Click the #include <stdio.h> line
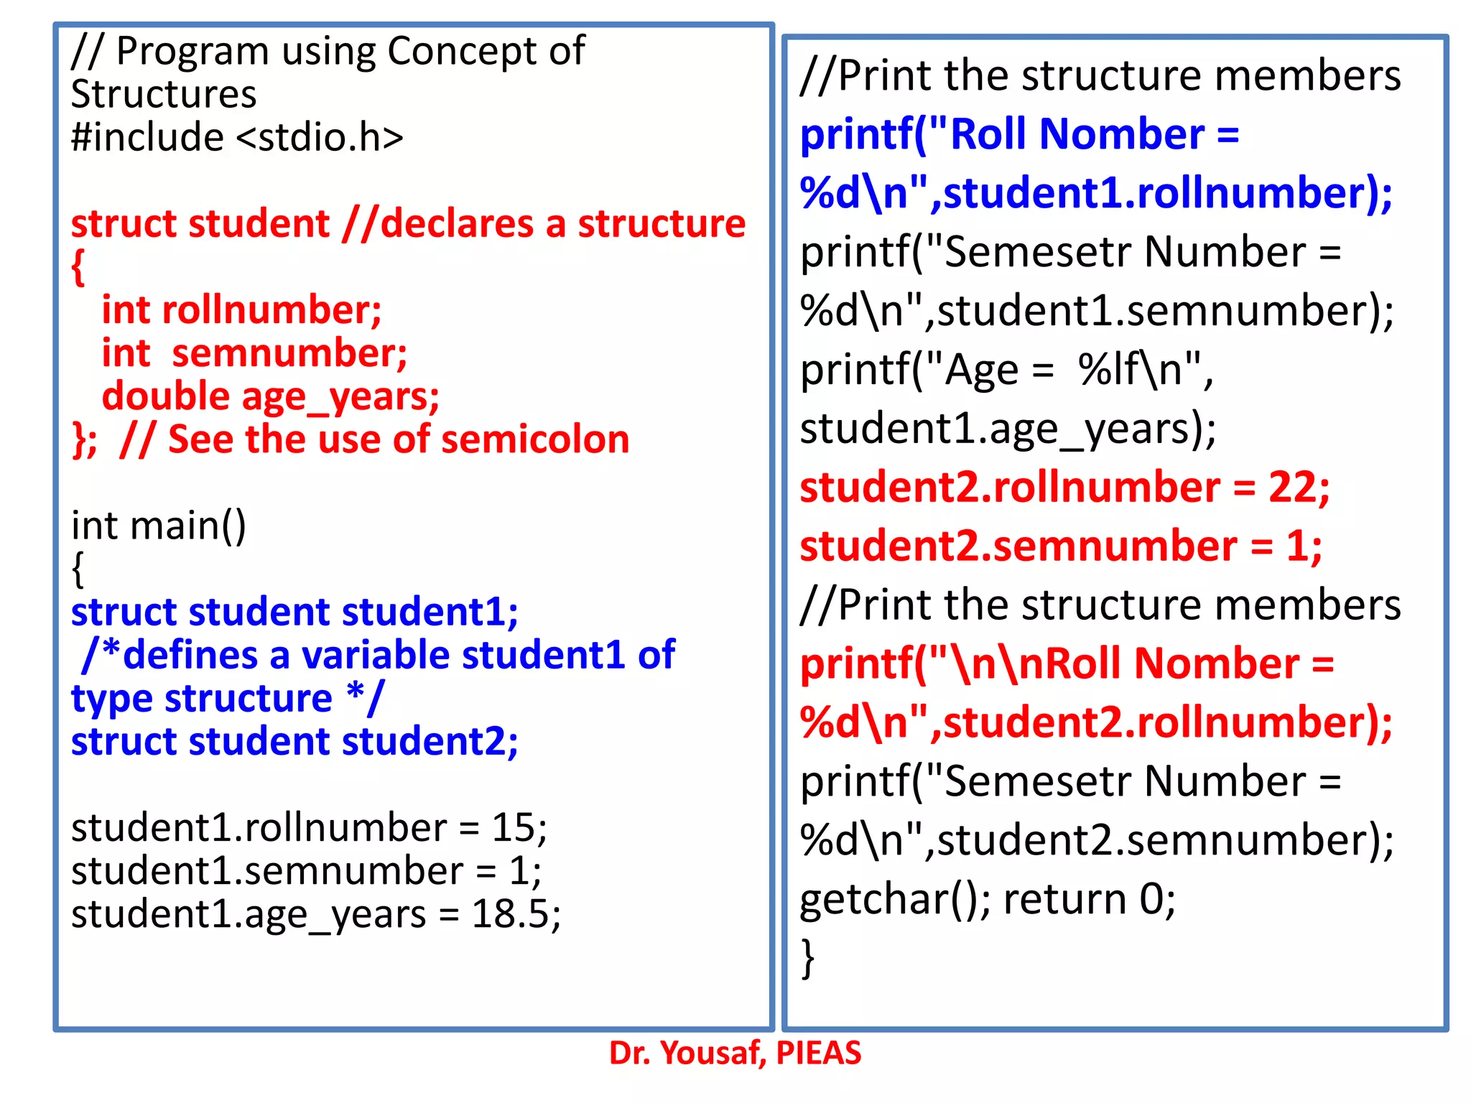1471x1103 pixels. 237,137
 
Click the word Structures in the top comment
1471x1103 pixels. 164,95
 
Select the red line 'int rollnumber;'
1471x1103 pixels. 241,310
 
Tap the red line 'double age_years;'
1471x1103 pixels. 270,397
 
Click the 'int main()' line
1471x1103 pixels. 159,525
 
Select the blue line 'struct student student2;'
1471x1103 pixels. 294,741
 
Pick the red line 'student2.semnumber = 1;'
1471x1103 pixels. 1060,546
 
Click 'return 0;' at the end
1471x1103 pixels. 1089,899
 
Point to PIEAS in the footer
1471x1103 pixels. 818,1053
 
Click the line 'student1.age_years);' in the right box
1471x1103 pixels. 1008,429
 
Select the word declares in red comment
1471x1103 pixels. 457,224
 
